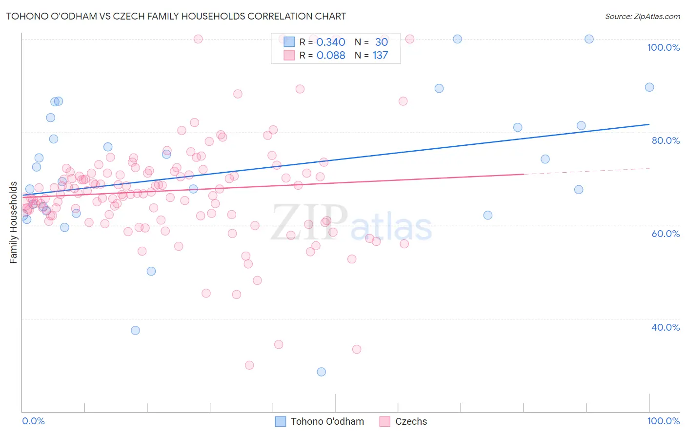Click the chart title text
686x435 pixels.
click(176, 16)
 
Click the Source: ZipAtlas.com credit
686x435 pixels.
click(642, 16)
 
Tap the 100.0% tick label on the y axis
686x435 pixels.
click(663, 47)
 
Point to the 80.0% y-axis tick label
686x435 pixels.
click(665, 140)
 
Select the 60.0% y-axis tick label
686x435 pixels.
click(665, 234)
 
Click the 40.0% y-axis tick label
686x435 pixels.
click(665, 327)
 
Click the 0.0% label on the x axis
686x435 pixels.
click(33, 421)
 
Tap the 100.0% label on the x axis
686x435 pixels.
click(663, 421)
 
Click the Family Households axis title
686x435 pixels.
click(13, 222)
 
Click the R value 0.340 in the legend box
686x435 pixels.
click(331, 42)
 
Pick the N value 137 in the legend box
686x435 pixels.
click(380, 56)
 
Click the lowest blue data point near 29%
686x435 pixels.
click(321, 372)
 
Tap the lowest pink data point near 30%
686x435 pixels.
click(249, 365)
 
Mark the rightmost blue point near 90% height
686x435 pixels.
click(649, 87)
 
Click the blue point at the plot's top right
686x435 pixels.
click(589, 39)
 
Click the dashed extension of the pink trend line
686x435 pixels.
click(585, 171)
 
